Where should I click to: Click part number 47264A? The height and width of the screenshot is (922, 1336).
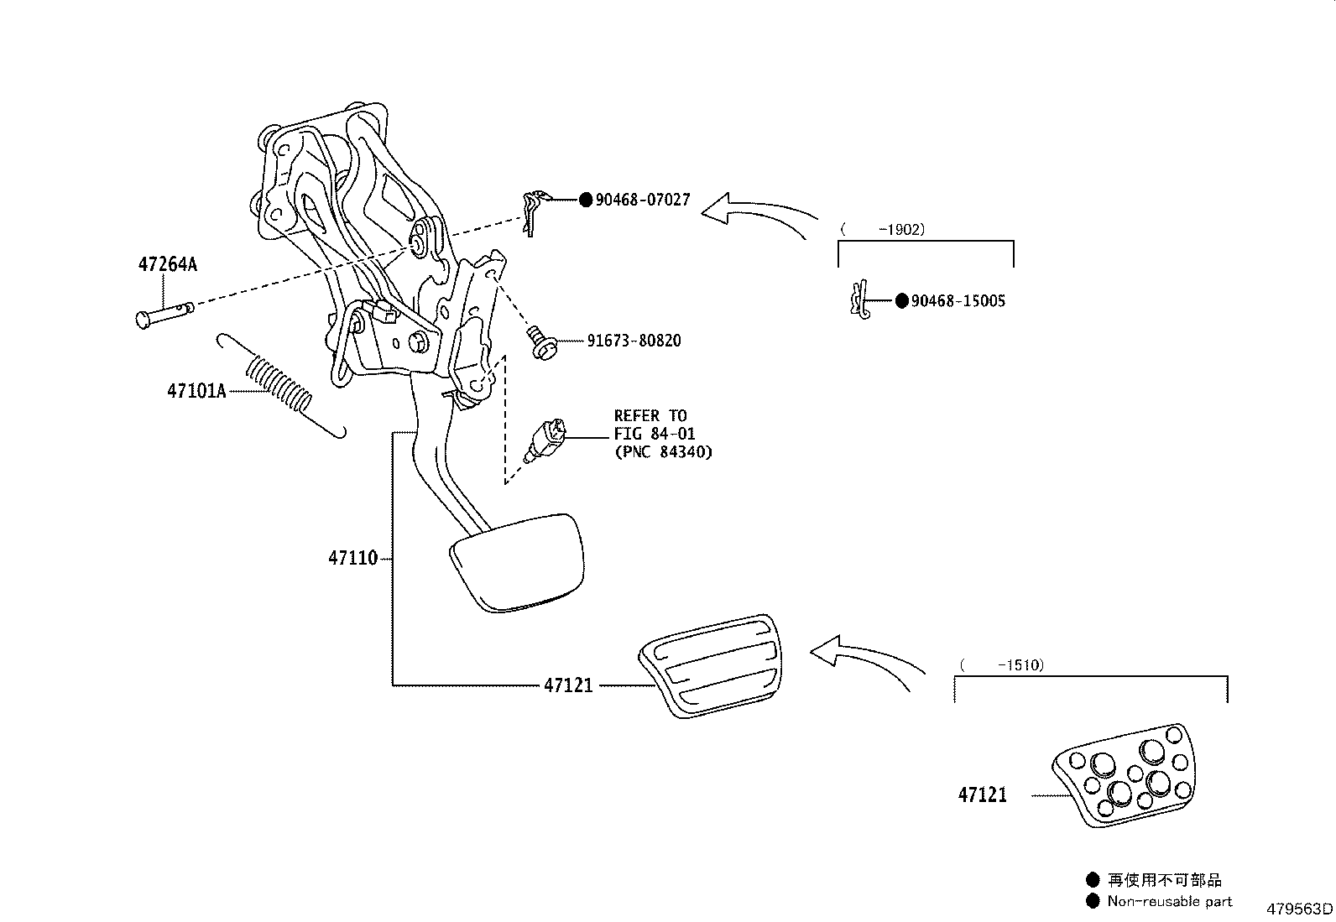[x=167, y=265]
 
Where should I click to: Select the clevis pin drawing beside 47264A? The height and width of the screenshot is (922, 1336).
[x=164, y=313]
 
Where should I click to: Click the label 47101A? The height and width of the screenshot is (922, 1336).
[x=196, y=391]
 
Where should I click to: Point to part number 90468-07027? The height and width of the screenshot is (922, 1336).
[x=643, y=200]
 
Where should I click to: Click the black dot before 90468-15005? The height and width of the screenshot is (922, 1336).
[x=901, y=300]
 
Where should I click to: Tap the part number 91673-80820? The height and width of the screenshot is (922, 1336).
[x=634, y=341]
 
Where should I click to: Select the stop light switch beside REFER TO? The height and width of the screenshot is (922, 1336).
[x=546, y=440]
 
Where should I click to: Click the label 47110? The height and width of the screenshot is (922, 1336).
[x=352, y=558]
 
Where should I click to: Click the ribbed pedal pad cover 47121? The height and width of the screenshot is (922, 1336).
[x=712, y=665]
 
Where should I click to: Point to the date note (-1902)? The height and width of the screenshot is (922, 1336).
[x=883, y=229]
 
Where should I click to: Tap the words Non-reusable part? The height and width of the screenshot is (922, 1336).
[x=1169, y=901]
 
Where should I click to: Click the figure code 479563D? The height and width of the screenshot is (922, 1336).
[x=1299, y=909]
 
